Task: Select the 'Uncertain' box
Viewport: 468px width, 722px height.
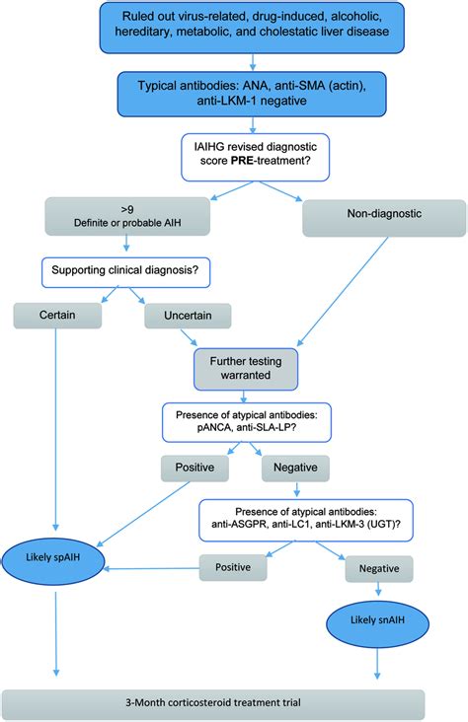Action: click(x=187, y=316)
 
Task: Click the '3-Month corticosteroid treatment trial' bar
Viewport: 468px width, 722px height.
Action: click(x=212, y=703)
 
